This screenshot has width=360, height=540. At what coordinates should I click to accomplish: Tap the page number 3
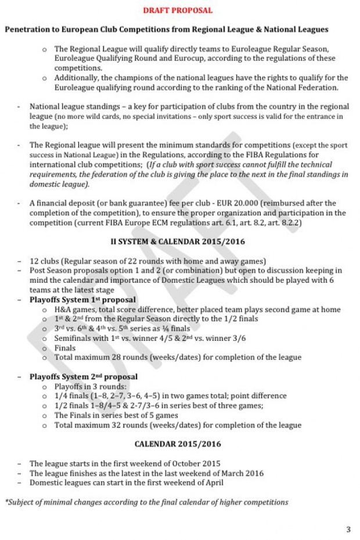coord(348,529)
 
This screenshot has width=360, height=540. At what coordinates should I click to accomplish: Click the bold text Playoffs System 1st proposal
coord(83,300)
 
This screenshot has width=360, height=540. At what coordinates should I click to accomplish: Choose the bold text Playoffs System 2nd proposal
coord(84,377)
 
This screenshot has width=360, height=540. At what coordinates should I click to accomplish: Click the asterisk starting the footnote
coord(6,501)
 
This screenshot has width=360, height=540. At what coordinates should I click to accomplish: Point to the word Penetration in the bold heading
coord(28,29)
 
